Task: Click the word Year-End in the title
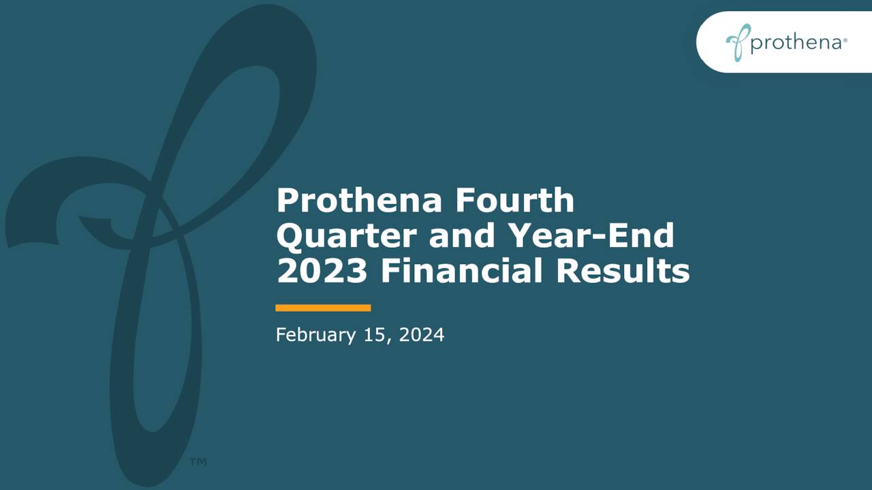(x=597, y=236)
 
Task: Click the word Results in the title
(x=623, y=272)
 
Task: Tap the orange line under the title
(x=323, y=308)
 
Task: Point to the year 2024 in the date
(x=421, y=335)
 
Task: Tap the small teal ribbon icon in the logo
(x=737, y=42)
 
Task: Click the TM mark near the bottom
(x=198, y=462)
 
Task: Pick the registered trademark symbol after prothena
(x=845, y=41)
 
